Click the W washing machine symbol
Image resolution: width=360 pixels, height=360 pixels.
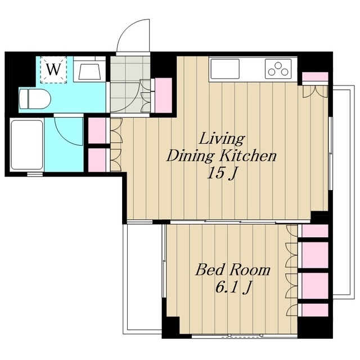click(54, 69)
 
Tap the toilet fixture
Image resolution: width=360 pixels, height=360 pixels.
click(35, 99)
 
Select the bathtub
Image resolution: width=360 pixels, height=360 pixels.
click(27, 145)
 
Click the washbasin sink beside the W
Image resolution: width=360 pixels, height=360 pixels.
click(89, 71)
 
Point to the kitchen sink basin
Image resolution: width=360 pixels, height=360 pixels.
click(225, 69)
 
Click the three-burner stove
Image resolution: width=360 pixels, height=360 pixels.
click(278, 69)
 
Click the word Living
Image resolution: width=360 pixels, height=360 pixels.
click(222, 139)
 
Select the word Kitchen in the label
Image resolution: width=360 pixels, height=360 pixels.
click(247, 156)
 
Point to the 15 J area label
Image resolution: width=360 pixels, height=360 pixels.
click(222, 173)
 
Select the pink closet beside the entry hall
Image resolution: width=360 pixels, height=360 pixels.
click(164, 95)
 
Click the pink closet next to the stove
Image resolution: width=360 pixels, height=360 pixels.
click(315, 76)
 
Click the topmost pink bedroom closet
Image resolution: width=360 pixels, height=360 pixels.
click(315, 231)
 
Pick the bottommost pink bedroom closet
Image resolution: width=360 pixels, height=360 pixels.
click(315, 310)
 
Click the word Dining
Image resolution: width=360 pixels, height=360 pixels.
click(191, 156)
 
